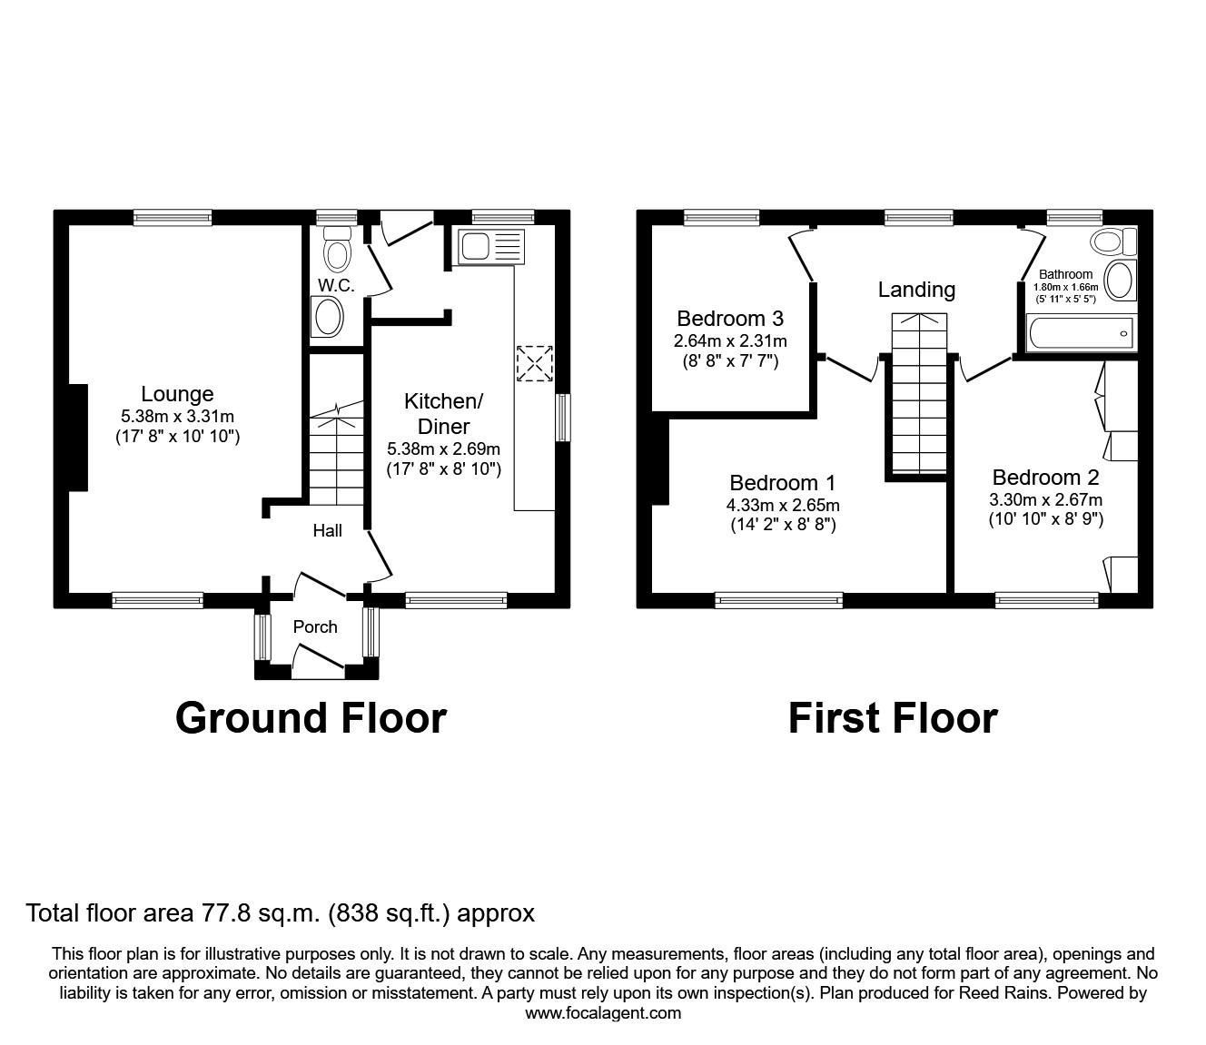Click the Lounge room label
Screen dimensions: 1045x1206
pos(177,394)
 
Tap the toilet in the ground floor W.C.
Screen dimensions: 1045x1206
pos(337,246)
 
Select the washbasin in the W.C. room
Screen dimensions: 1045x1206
pos(327,318)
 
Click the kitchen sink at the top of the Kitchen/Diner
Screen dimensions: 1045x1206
pos(491,246)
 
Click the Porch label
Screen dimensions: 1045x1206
pos(315,626)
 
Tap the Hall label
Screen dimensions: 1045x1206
pos(327,530)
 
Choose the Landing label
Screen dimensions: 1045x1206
pos(916,290)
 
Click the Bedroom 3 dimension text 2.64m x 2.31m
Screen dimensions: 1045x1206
pos(730,341)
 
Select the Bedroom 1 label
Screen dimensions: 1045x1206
pos(782,483)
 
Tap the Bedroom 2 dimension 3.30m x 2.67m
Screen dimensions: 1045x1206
pos(1045,499)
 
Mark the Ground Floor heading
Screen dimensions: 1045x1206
pos(311,717)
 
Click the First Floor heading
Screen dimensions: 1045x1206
pos(892,717)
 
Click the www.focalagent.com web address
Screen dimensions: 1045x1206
pos(603,1013)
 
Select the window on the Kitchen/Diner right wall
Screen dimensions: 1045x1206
pos(563,418)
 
